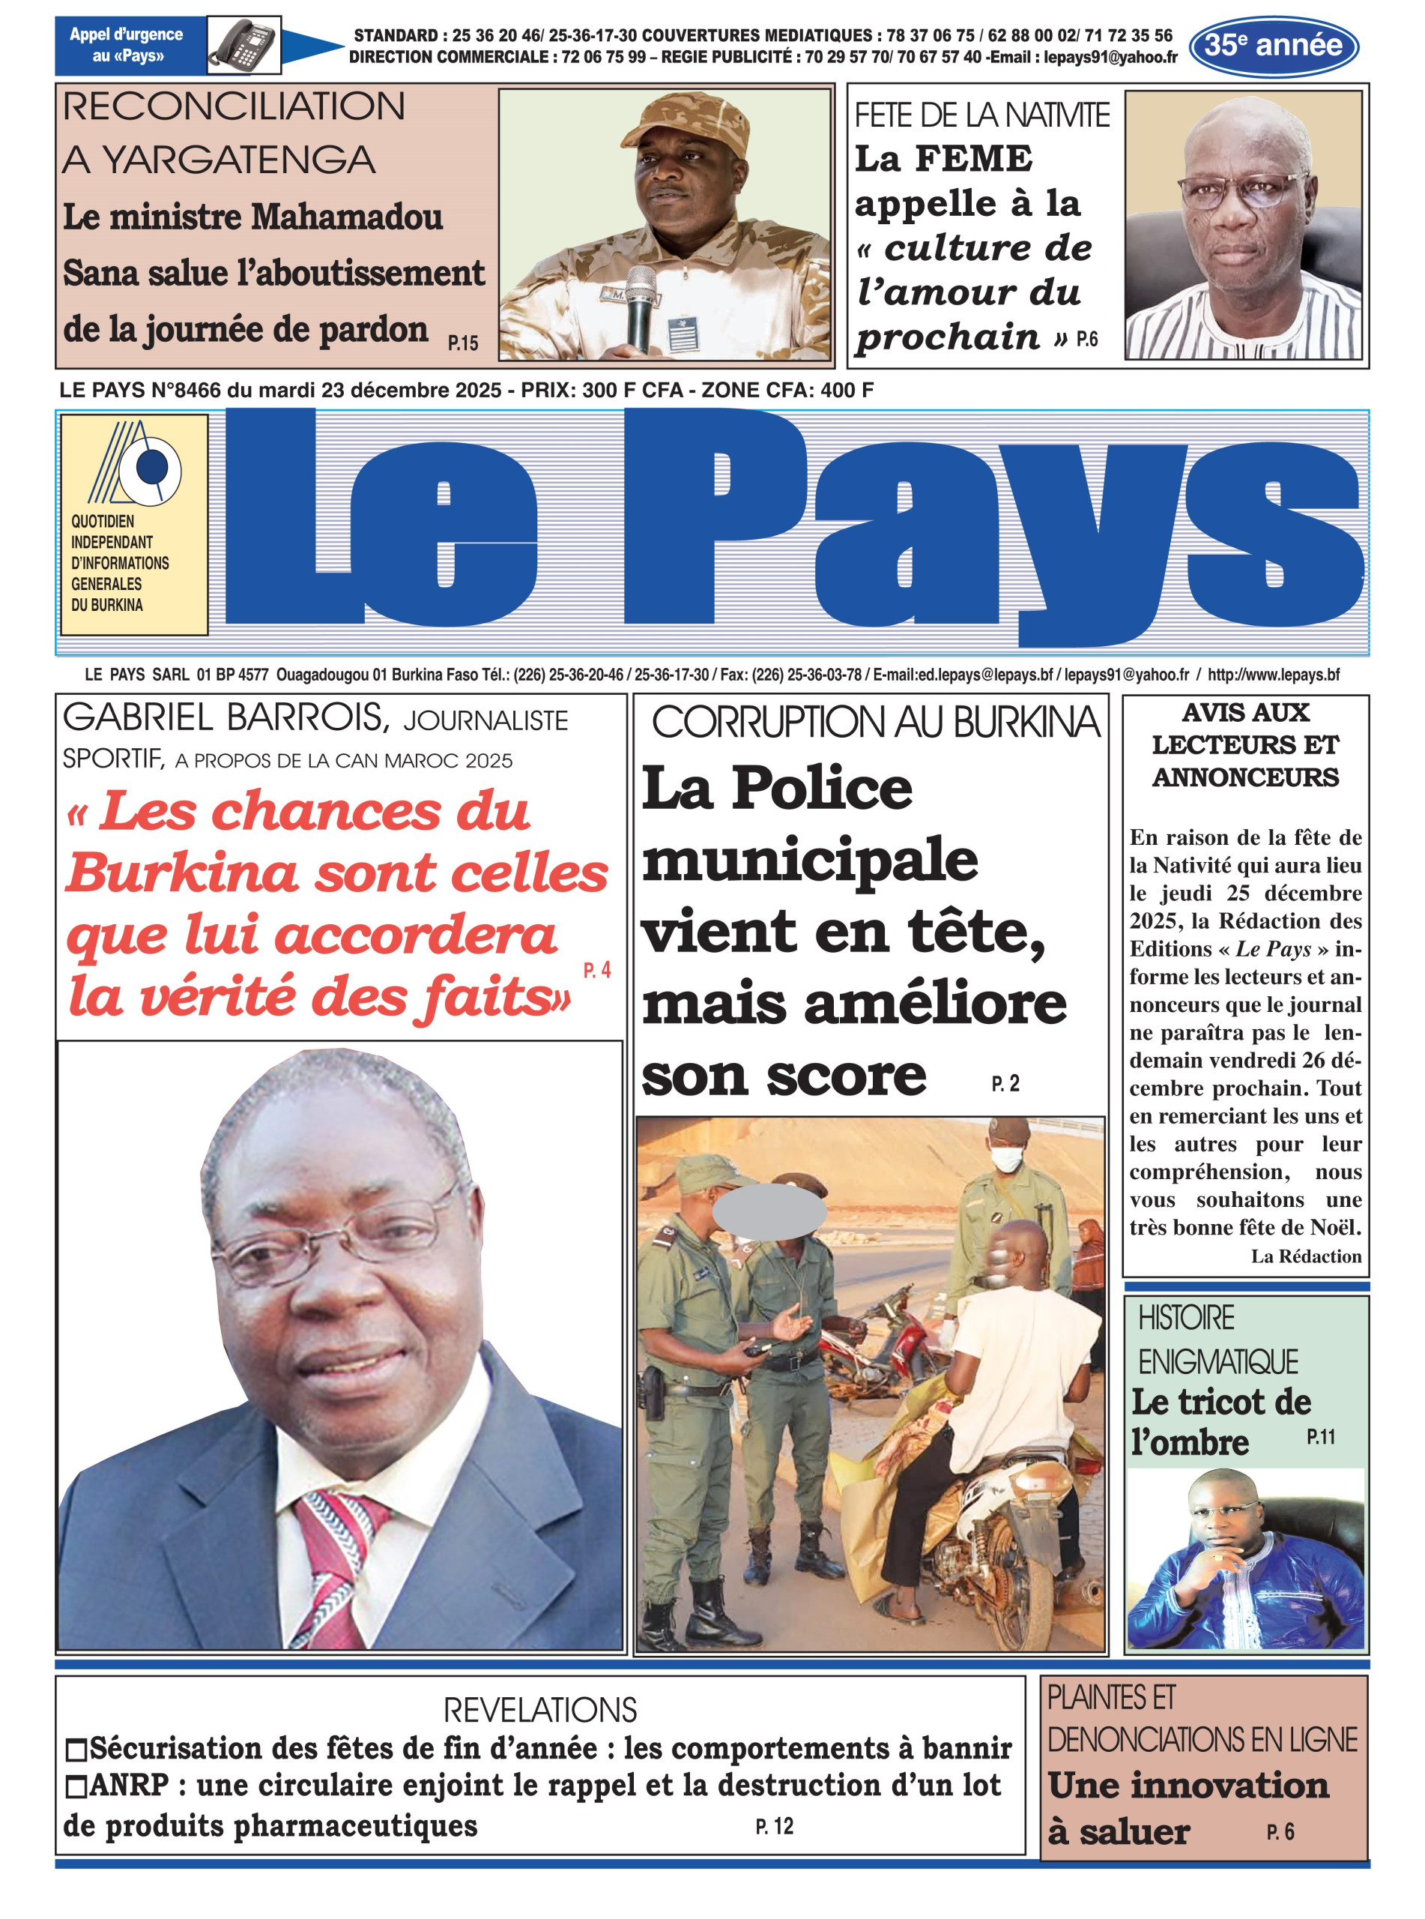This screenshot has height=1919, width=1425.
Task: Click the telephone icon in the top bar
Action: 243,45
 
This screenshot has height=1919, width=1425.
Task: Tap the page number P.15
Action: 462,343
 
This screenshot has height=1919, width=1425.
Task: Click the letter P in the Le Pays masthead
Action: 716,518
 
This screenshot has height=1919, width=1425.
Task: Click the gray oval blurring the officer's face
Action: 769,1211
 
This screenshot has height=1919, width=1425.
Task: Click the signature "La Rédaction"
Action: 1305,1256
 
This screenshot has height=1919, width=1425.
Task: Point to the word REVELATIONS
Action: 540,1708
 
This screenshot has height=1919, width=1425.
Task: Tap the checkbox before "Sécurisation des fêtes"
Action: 76,1750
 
